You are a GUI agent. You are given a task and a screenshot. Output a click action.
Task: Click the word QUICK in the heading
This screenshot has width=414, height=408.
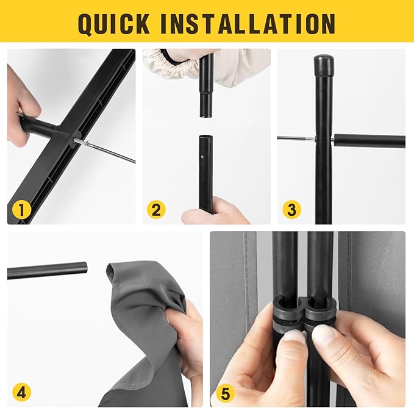(114, 23)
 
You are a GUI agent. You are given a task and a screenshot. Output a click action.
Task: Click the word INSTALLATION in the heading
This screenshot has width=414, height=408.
(248, 23)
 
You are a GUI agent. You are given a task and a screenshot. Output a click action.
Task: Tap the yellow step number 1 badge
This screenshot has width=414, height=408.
(22, 210)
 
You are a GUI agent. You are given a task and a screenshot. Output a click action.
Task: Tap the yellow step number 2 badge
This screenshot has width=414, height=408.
(156, 210)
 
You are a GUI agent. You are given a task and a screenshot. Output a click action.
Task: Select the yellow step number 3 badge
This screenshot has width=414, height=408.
(291, 210)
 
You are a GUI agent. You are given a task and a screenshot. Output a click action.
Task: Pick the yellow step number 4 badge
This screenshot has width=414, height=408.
(22, 393)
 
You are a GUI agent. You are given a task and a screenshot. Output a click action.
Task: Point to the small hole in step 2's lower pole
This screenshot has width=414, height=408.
(202, 156)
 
